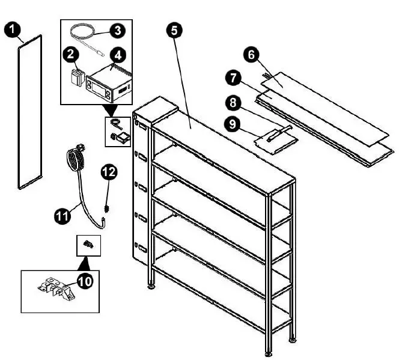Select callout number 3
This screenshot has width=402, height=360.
[118, 28]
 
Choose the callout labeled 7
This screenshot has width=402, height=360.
[233, 78]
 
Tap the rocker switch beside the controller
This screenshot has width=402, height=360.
[76, 78]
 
